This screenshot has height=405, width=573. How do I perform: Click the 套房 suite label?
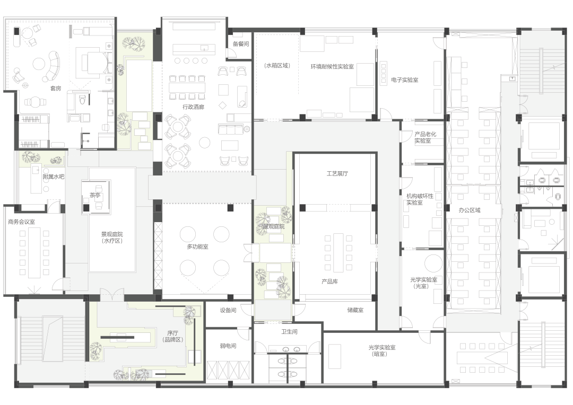point(56,89)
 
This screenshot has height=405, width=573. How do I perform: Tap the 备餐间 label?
point(240,44)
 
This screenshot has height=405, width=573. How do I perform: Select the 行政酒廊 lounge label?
point(193,107)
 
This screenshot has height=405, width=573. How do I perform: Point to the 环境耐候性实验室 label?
point(332,66)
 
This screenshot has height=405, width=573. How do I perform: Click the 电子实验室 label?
point(404,80)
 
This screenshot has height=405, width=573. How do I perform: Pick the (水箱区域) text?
point(277,66)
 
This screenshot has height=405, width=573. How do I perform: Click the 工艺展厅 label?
point(337,173)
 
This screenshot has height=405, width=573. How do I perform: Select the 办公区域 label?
point(470,210)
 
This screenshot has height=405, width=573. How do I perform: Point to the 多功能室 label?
point(197,247)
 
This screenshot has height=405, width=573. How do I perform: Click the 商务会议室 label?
point(22,222)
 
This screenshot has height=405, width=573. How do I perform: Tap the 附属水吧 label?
point(54,177)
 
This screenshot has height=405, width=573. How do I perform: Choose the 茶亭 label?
point(94,196)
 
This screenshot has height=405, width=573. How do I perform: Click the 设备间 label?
point(228,311)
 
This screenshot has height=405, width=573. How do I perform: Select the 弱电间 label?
point(228,346)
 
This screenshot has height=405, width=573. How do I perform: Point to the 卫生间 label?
point(289,332)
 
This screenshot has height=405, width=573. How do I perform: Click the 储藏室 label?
point(355,310)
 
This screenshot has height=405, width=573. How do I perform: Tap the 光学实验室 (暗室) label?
point(382,350)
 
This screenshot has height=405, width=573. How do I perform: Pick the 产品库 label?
point(329,281)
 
